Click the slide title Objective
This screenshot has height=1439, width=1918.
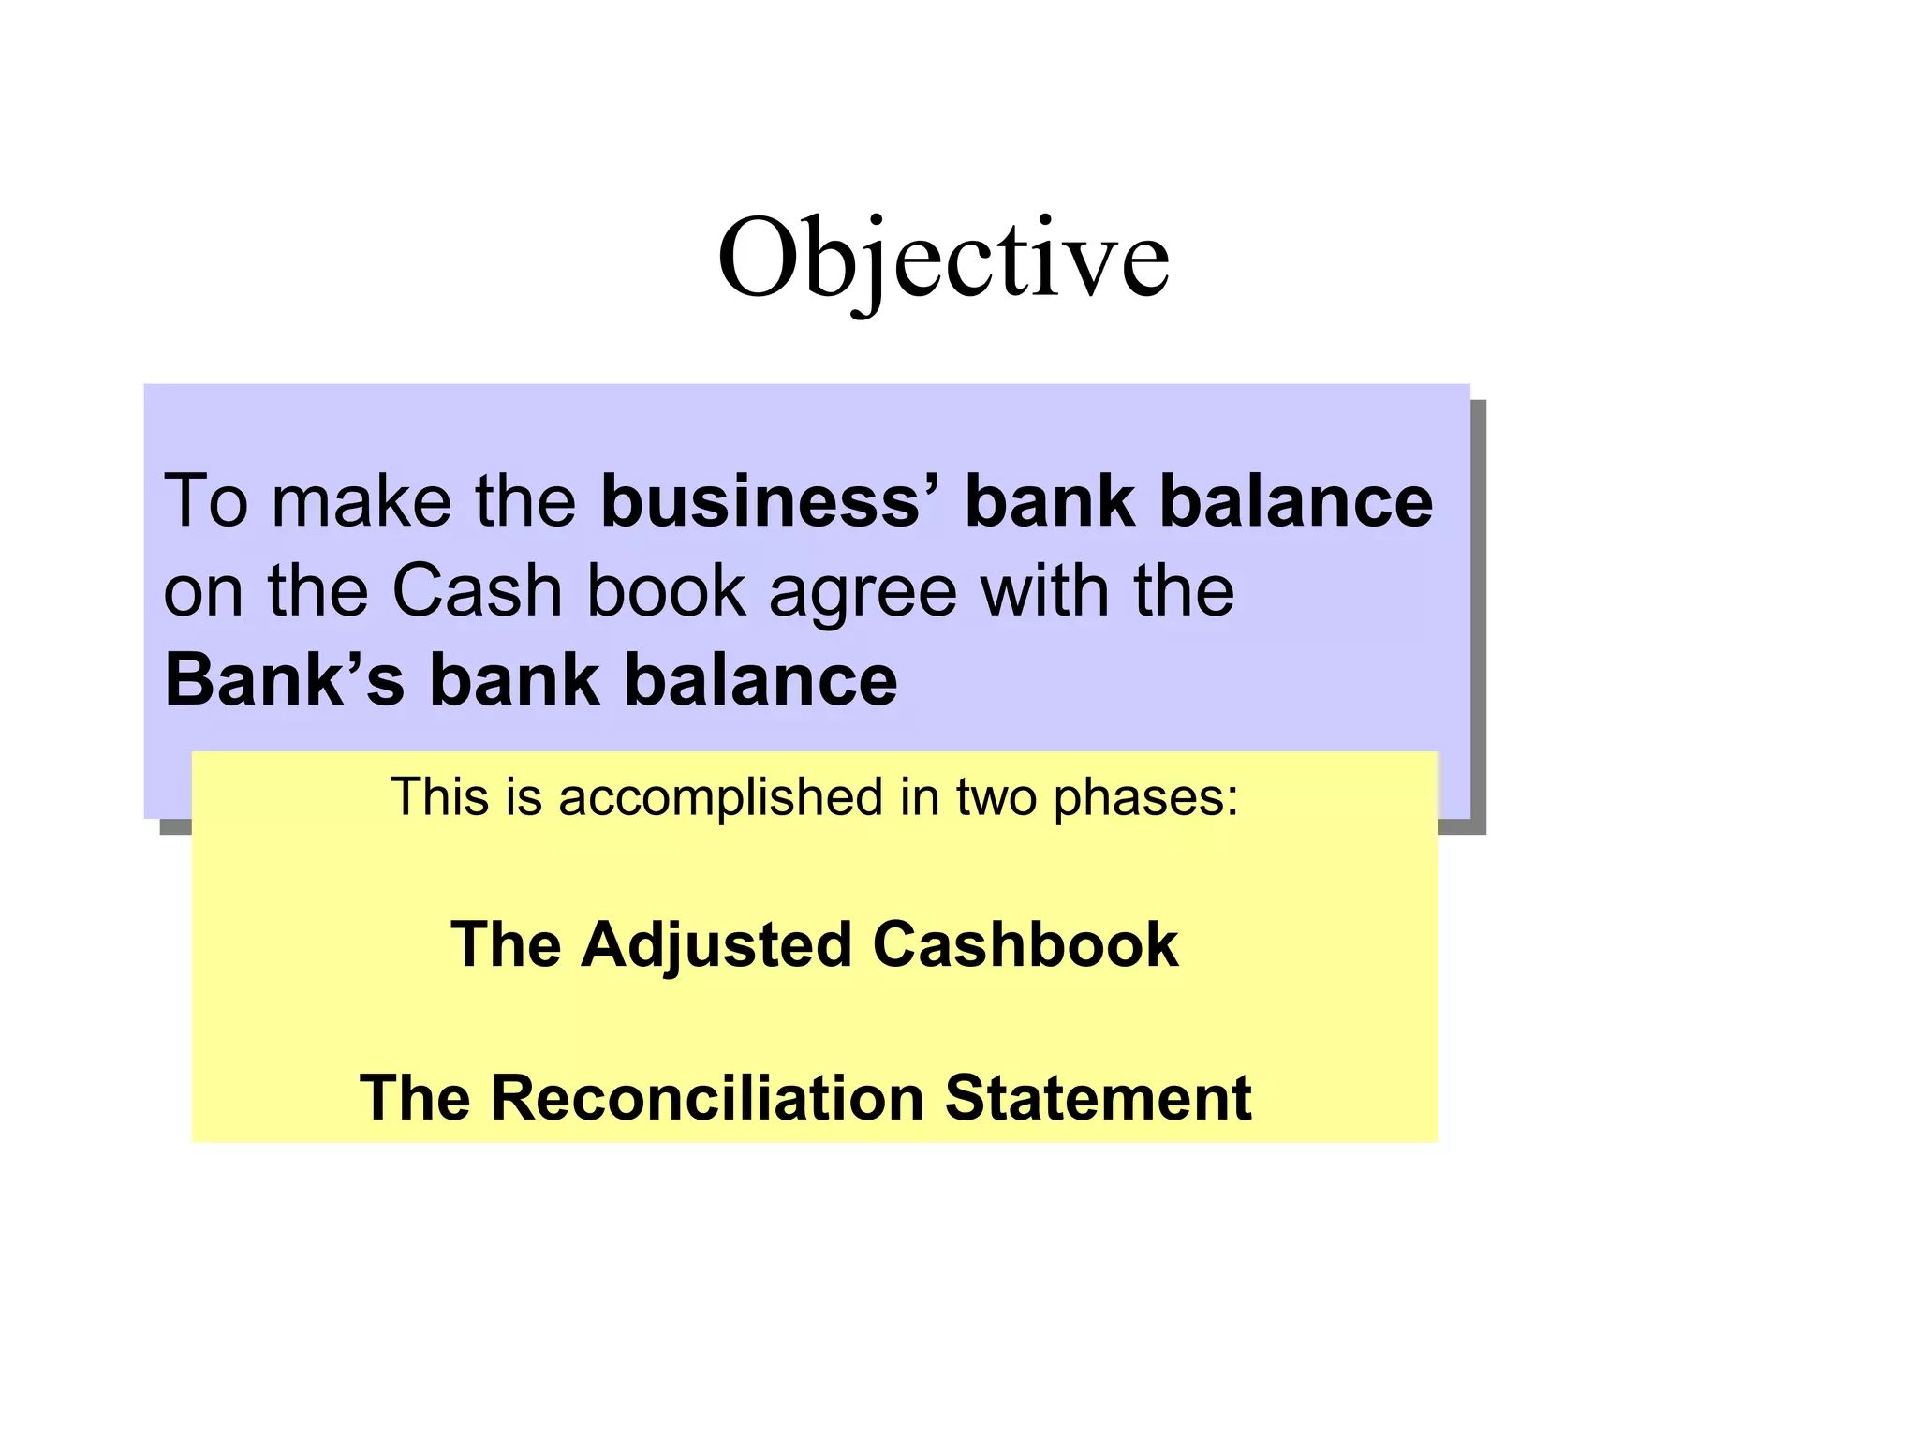943,258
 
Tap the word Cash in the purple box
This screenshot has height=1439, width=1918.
477,590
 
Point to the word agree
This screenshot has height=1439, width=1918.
863,592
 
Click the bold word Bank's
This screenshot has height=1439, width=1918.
285,679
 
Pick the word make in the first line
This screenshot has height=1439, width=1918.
361,501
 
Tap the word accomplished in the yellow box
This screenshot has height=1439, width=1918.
720,797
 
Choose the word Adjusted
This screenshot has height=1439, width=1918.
716,944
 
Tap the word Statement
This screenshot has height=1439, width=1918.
1098,1097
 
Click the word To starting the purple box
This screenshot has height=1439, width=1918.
206,501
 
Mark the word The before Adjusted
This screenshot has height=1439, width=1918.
506,944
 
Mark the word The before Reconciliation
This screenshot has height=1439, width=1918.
415,1097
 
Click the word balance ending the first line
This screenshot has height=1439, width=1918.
1296,501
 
